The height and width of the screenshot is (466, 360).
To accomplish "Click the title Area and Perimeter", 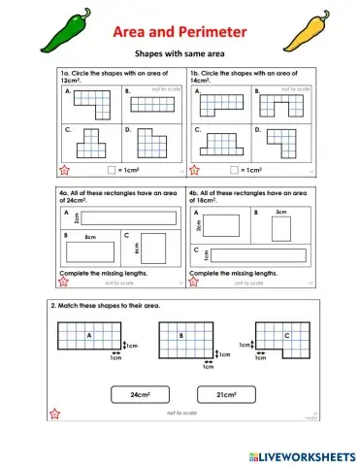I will click(x=180, y=33).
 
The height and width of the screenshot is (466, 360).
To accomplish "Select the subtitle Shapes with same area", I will click(x=180, y=56).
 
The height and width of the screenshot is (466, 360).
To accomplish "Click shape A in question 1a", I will click(x=93, y=102).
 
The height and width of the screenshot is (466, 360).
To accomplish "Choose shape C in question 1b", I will click(x=221, y=143).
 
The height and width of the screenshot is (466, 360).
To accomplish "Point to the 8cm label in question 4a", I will click(x=89, y=237).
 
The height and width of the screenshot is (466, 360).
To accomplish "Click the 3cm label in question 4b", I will click(x=280, y=211).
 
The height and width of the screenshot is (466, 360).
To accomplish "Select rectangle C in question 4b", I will click(x=256, y=254).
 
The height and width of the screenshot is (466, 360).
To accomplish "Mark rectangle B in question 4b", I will click(x=280, y=229).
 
